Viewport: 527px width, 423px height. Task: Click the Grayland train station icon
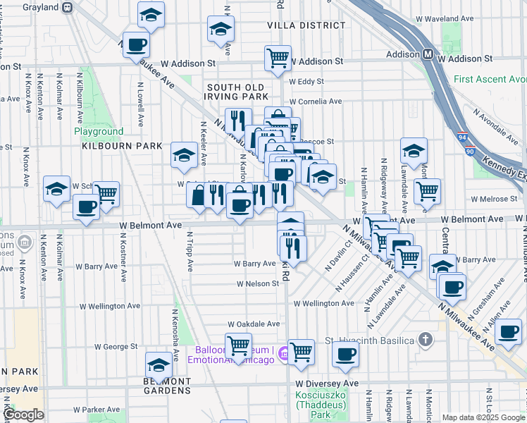pyautogui.click(x=68, y=8)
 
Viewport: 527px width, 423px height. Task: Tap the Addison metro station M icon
pyautogui.click(x=428, y=54)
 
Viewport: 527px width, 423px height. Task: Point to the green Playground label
pyautogui.click(x=99, y=131)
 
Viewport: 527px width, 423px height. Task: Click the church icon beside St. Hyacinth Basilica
pyautogui.click(x=424, y=340)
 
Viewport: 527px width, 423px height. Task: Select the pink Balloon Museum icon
pyautogui.click(x=283, y=351)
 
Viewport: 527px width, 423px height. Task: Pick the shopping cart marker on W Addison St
pyautogui.click(x=278, y=58)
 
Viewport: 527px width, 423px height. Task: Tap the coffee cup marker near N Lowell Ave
pyautogui.click(x=136, y=44)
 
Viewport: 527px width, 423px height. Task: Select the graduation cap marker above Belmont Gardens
pyautogui.click(x=159, y=365)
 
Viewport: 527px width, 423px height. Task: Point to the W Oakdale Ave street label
pyautogui.click(x=253, y=324)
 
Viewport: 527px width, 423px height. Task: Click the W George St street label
pyautogui.click(x=116, y=347)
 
